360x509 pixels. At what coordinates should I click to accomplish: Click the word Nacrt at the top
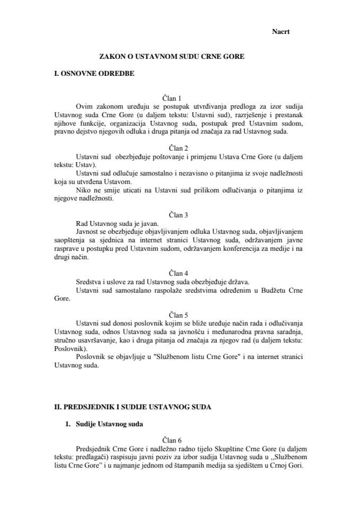tap(280, 32)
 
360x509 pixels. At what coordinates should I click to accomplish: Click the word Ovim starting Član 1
tap(85, 106)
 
